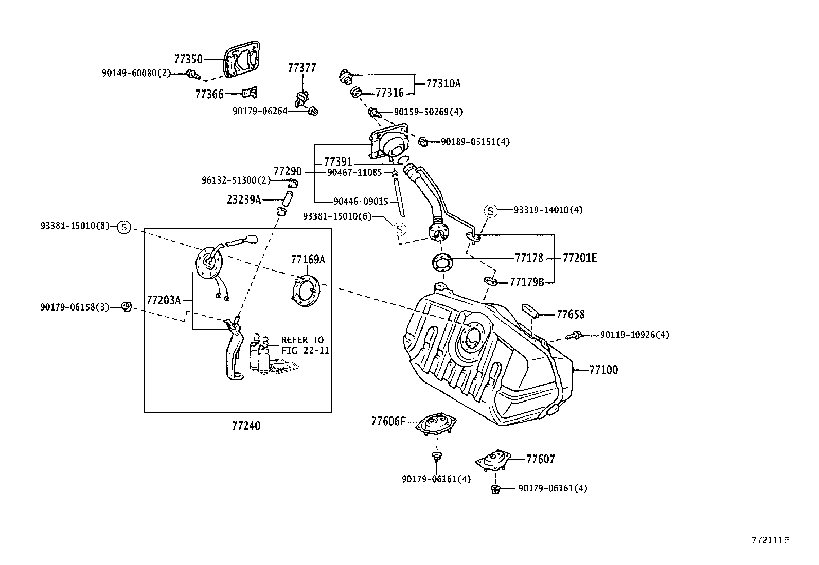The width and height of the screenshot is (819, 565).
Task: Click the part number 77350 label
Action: click(188, 59)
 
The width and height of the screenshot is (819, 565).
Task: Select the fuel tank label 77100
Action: click(603, 370)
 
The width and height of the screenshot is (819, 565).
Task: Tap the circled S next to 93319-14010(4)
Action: click(490, 210)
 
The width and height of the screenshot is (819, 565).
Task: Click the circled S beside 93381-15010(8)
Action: click(124, 226)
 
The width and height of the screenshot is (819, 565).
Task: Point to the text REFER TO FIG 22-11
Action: click(304, 345)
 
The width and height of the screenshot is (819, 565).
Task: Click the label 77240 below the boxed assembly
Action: click(246, 426)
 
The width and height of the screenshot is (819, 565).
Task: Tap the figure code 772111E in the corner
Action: click(770, 540)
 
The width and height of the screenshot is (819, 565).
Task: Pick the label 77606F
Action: click(388, 422)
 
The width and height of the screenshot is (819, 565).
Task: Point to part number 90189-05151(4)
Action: click(475, 141)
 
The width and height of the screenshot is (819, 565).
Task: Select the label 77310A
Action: click(443, 83)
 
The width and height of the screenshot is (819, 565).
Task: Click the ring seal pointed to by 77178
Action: click(442, 263)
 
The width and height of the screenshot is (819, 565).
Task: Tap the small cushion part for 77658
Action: click(529, 312)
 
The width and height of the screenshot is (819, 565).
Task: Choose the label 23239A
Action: click(243, 199)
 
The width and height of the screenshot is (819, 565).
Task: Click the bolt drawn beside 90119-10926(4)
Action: click(574, 336)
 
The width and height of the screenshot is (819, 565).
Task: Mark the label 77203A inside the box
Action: click(164, 300)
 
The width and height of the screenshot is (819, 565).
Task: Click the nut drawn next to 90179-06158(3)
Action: click(126, 307)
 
